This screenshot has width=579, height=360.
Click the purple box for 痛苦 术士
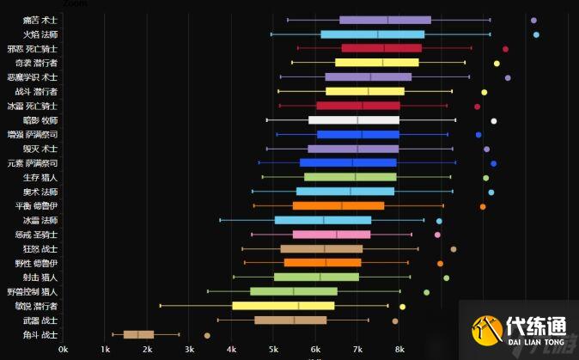coord(385,20)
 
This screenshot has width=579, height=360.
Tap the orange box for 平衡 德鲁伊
coord(338,206)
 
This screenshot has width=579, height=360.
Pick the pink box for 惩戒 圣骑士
coord(332,235)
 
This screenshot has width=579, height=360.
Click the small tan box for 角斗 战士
coord(138,335)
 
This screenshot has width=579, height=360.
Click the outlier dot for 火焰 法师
coord(536,34)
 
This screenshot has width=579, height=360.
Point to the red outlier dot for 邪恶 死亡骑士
coord(505,49)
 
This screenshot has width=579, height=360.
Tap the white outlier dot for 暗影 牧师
coord(494,120)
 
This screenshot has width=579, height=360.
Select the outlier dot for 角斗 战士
coord(207,335)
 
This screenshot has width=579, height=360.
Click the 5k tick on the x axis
coord(273,350)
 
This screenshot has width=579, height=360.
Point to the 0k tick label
coord(64,350)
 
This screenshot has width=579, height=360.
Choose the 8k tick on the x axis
coord(399,350)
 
